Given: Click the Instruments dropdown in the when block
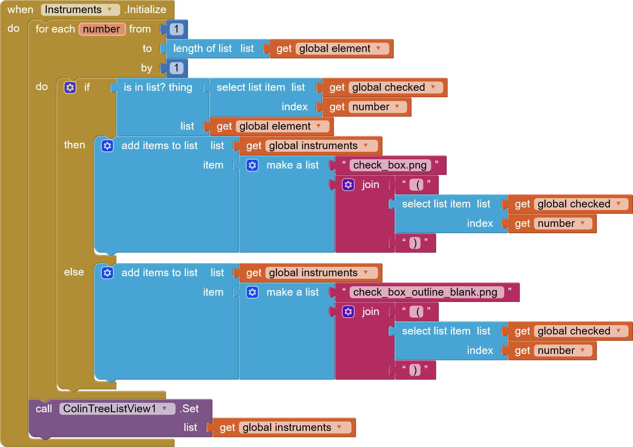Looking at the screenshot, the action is pyautogui.click(x=80, y=10).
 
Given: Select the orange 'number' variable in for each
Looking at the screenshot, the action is pyautogui.click(x=102, y=29).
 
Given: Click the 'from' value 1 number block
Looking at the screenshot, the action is pyautogui.click(x=177, y=29).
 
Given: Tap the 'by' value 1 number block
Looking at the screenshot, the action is pyautogui.click(x=177, y=68).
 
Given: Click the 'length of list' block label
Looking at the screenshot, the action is pyautogui.click(x=202, y=49).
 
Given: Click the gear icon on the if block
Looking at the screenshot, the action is pyautogui.click(x=70, y=87).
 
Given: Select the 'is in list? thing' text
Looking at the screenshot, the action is pyautogui.click(x=158, y=87).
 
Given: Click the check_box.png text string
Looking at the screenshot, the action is pyautogui.click(x=390, y=165).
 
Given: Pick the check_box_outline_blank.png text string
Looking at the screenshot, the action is pyautogui.click(x=425, y=292).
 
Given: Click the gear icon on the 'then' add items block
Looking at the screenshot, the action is pyautogui.click(x=107, y=146).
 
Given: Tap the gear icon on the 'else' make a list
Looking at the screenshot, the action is pyautogui.click(x=252, y=292).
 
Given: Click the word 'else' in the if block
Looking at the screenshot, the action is pyautogui.click(x=74, y=272).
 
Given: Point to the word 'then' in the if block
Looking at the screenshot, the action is pyautogui.click(x=74, y=145).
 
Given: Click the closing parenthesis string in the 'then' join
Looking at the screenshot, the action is pyautogui.click(x=415, y=243).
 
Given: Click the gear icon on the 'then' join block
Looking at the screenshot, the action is pyautogui.click(x=348, y=185).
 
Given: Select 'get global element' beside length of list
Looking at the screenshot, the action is pyautogui.click(x=331, y=49).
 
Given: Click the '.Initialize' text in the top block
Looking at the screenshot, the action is pyautogui.click(x=146, y=10).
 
